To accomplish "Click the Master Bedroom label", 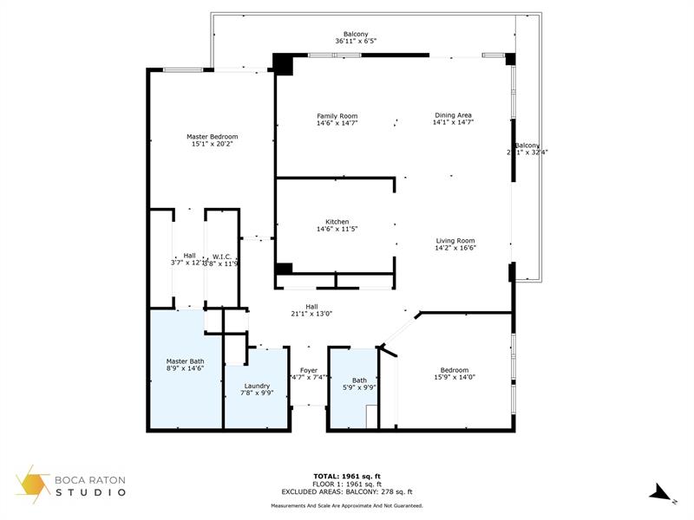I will [213, 136].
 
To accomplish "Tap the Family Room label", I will [337, 116].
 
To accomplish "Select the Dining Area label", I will [453, 115].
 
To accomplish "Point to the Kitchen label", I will [337, 222].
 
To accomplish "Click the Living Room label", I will [455, 241].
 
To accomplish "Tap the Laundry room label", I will [256, 386].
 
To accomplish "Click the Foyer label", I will [309, 370].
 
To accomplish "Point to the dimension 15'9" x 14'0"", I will [455, 377].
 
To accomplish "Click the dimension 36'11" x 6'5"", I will [356, 42].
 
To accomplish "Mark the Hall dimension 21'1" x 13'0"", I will [311, 314].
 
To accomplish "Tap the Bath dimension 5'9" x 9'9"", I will [359, 388].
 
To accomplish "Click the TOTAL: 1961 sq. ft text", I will [347, 476].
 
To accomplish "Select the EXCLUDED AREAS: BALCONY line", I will [347, 491].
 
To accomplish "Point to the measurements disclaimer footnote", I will [347, 504].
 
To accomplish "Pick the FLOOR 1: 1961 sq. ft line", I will [347, 484].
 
